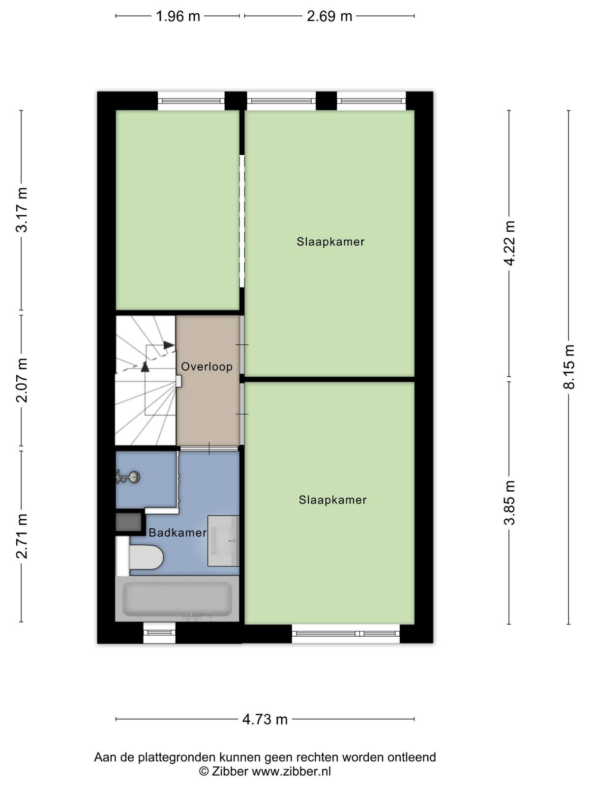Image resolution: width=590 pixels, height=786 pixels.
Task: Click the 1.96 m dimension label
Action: click(177, 17)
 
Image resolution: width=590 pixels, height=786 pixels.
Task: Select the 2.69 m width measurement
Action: click(329, 17)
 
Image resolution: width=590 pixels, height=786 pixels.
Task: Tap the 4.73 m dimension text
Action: click(265, 719)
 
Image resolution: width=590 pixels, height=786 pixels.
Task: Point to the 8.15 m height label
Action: click(568, 366)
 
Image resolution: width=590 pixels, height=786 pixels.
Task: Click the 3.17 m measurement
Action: click(22, 210)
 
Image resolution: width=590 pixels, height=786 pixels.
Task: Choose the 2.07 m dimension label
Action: click(22, 380)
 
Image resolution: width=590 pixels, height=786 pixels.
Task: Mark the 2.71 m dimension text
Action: click(22, 535)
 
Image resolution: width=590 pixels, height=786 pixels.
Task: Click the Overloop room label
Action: click(206, 366)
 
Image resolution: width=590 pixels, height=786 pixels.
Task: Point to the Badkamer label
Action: click(177, 533)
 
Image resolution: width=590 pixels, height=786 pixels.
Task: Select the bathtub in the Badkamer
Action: click(177, 600)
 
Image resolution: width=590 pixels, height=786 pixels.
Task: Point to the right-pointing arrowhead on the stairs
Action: click(169, 345)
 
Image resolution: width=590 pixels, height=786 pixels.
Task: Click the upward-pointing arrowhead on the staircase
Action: click(145, 366)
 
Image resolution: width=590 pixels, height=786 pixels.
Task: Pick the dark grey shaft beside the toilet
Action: click(129, 523)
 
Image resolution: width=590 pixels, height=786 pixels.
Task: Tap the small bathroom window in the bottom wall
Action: click(159, 633)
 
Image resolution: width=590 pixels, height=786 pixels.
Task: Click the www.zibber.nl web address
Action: click(292, 771)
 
